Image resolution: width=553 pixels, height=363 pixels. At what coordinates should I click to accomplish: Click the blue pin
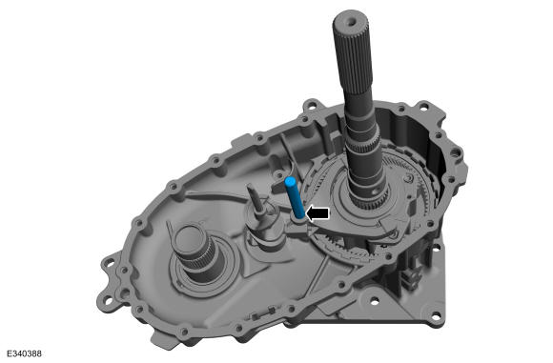(x=295, y=198)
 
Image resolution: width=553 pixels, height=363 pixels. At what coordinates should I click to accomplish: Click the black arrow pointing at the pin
(x=317, y=213)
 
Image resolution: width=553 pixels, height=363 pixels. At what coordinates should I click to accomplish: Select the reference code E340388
(x=24, y=353)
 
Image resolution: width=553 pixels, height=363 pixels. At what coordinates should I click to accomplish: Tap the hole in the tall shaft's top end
(x=351, y=22)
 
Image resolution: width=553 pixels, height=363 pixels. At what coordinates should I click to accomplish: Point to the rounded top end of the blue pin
(x=290, y=181)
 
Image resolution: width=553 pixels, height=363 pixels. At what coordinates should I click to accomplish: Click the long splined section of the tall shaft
(x=353, y=56)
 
